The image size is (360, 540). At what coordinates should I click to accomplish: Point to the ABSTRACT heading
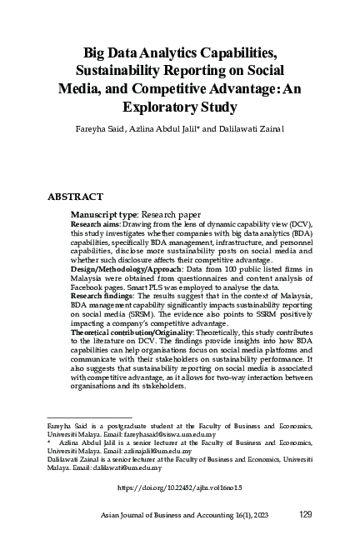75,197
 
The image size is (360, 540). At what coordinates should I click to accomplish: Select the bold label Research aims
93,224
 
